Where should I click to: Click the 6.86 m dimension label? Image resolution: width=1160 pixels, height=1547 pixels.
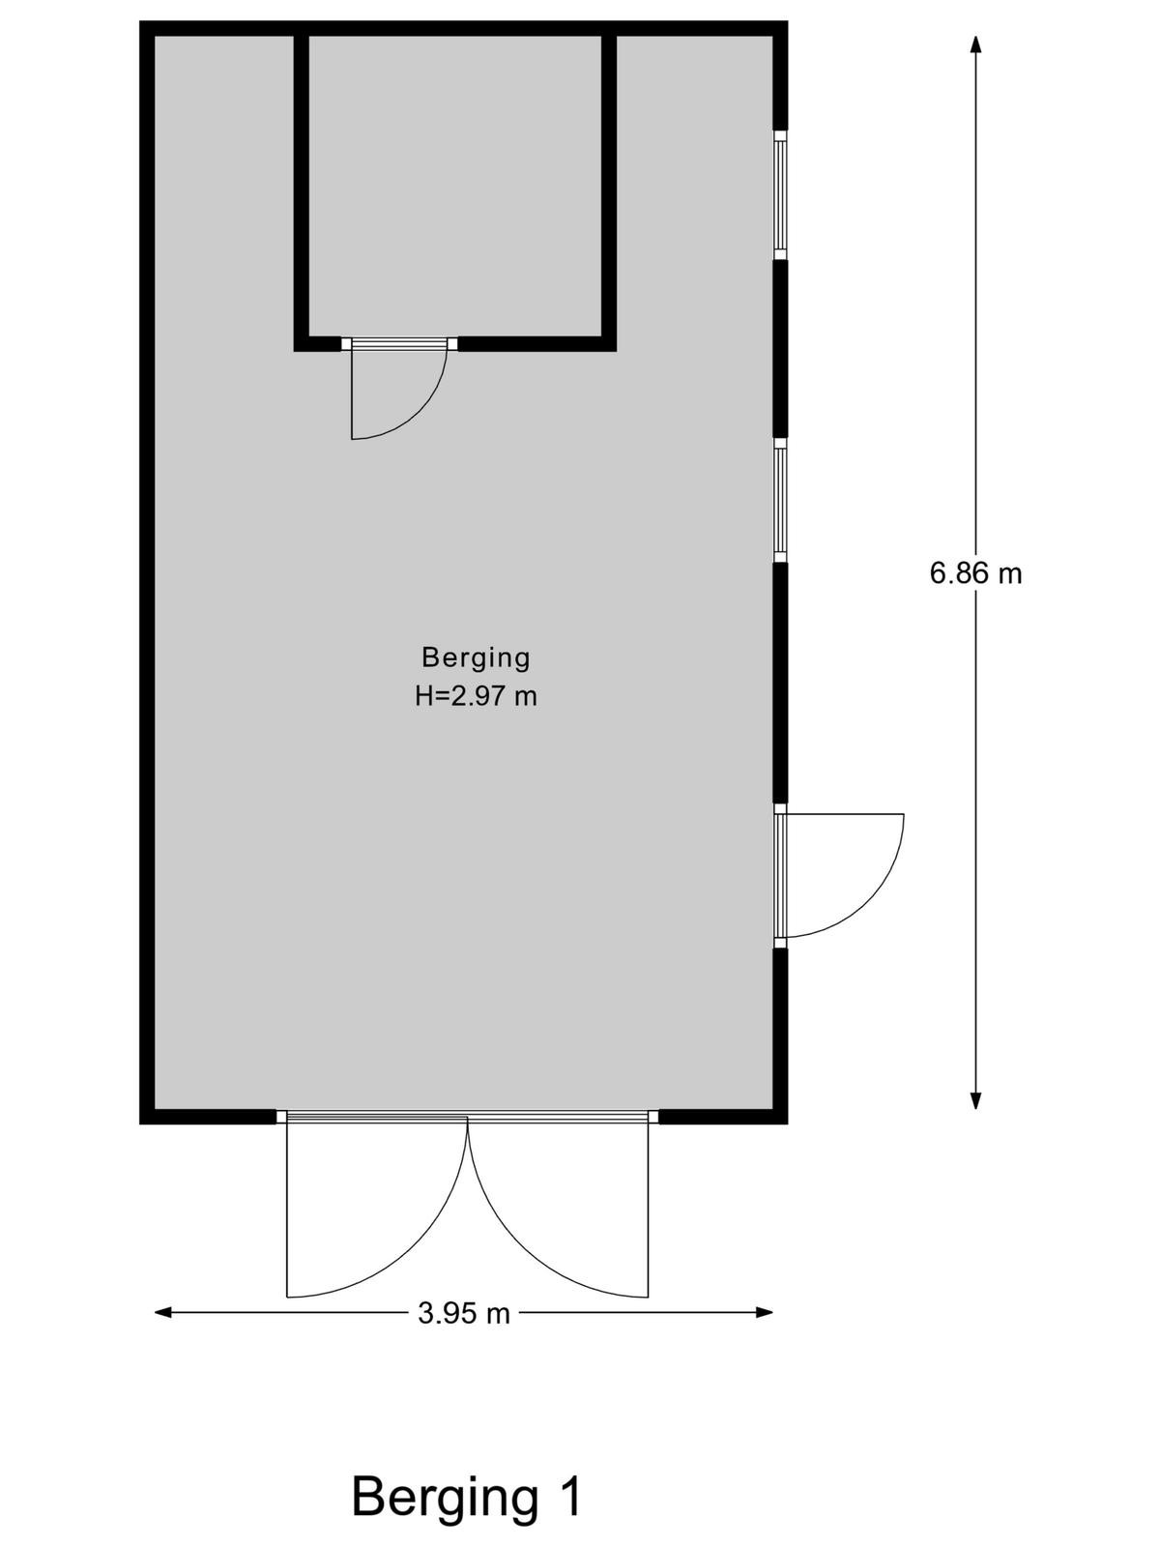(x=974, y=573)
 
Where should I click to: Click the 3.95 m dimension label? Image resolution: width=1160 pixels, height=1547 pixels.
(x=463, y=1314)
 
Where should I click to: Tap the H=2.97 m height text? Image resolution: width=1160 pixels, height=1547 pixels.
(x=476, y=696)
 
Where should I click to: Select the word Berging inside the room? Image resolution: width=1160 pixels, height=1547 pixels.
(x=476, y=658)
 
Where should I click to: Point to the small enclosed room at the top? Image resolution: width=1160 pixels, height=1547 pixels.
(x=455, y=186)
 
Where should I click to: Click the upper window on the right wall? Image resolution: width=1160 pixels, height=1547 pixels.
(x=780, y=195)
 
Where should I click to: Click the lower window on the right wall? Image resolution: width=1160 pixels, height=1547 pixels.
(x=780, y=500)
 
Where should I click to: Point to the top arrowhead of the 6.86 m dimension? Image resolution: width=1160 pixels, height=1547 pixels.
(x=975, y=44)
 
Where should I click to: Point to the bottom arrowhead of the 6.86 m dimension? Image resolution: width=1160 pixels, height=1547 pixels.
(x=975, y=1100)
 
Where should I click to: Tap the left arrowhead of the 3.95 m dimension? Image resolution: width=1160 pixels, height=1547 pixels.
(x=163, y=1312)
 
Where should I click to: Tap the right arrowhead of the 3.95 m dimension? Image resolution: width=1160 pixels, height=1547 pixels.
(x=765, y=1312)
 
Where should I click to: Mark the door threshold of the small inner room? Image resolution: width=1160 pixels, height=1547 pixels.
(x=399, y=344)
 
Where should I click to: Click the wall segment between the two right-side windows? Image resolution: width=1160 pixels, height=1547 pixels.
(x=780, y=349)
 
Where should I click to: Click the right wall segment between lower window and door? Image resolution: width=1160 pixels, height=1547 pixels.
(x=780, y=683)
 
